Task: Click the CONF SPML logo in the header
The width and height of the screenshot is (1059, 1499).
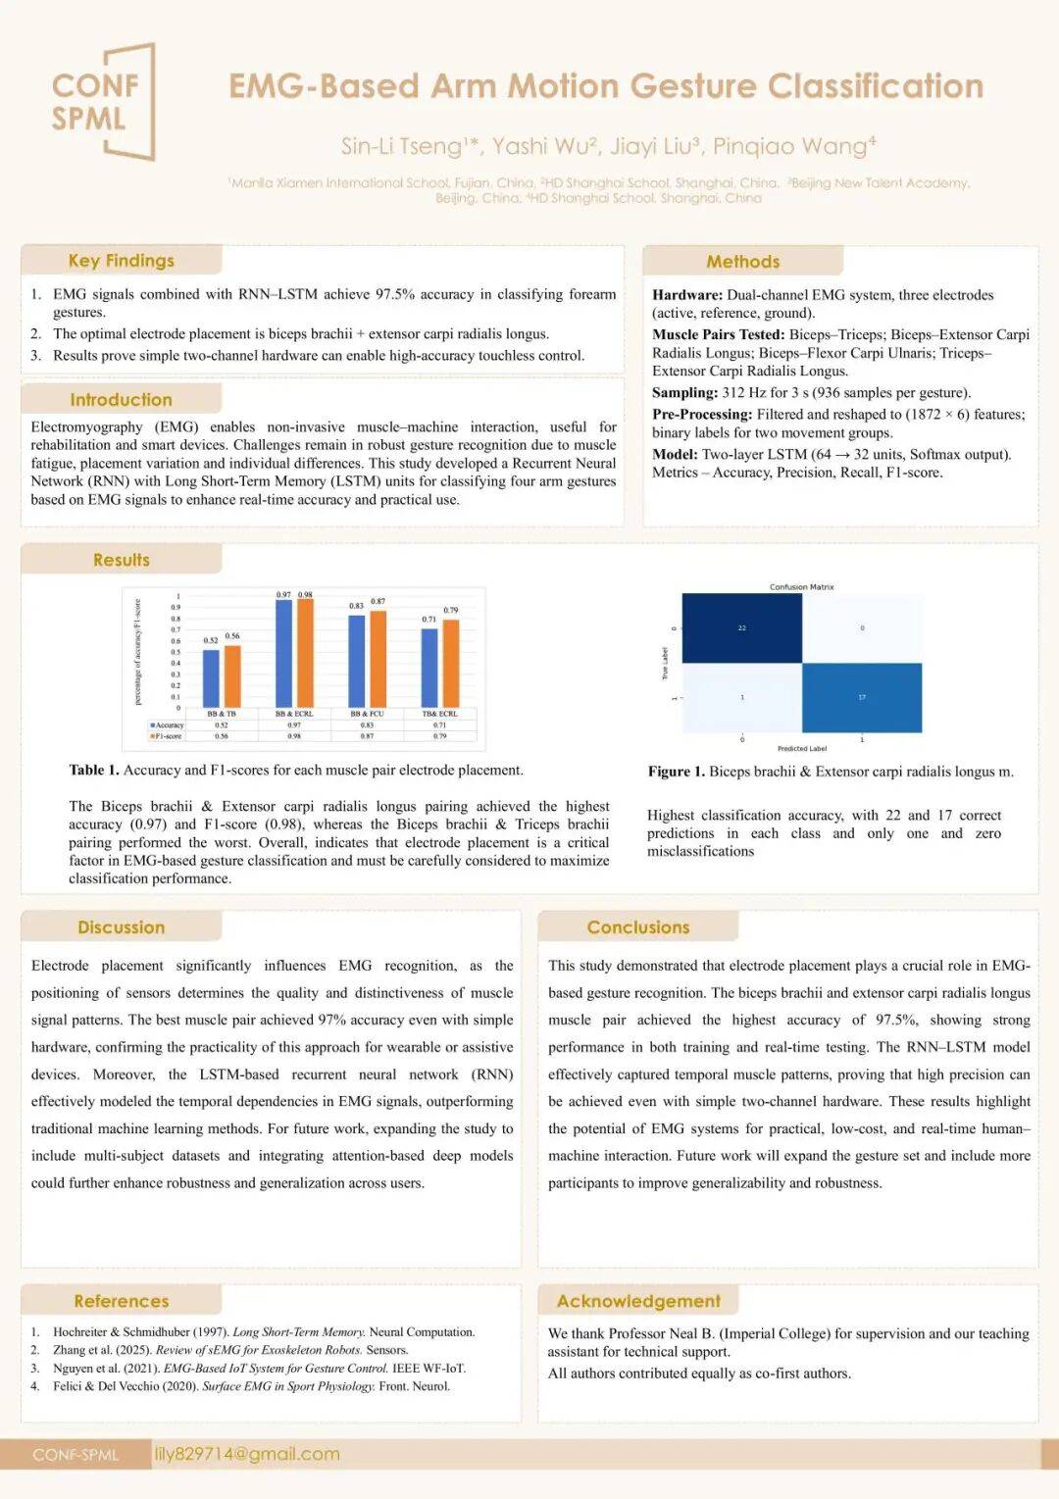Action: [102, 102]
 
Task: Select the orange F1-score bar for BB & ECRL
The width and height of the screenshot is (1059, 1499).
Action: [305, 653]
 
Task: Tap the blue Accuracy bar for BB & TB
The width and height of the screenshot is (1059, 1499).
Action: [211, 677]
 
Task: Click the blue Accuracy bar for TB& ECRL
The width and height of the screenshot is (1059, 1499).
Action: [429, 667]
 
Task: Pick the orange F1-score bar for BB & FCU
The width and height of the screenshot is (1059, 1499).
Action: [378, 659]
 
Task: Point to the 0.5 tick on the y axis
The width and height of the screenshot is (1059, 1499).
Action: [176, 652]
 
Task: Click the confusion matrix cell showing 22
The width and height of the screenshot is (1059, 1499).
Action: [741, 628]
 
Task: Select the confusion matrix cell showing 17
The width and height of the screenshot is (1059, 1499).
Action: [862, 697]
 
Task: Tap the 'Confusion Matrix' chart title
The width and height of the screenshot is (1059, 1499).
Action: [801, 587]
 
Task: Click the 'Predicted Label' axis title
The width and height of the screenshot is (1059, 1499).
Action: [802, 748]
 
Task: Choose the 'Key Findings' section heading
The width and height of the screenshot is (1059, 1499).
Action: [122, 261]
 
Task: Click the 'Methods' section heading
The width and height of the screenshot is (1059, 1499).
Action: [743, 262]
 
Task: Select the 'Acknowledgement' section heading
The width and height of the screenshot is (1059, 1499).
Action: [638, 1301]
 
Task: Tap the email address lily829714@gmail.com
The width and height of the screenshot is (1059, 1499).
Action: [247, 1454]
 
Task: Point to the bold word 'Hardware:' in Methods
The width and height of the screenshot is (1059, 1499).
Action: [687, 295]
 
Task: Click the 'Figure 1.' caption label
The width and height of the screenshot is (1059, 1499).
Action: [676, 772]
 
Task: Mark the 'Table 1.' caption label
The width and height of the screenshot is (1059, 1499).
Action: [93, 770]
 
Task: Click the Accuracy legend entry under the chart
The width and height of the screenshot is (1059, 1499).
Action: [167, 725]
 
